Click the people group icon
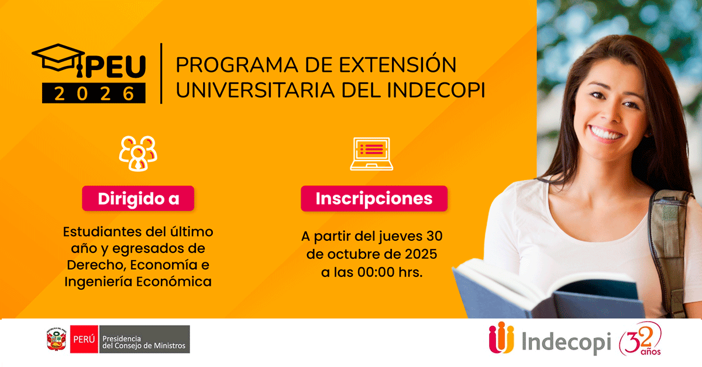pos(138,153)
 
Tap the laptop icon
pos(371,153)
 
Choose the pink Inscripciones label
pos(374,199)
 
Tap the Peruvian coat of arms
pos(56,340)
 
